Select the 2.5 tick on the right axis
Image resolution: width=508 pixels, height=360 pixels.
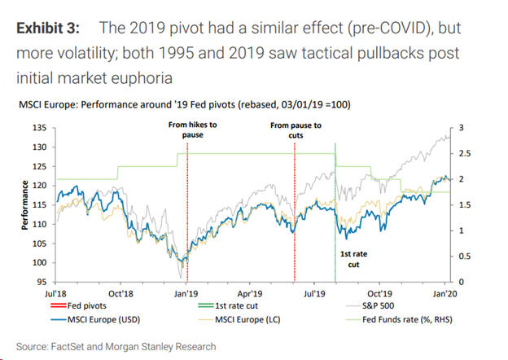[466, 154]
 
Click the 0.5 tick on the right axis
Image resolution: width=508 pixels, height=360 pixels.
[466, 257]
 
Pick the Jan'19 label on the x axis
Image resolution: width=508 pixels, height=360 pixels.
[186, 292]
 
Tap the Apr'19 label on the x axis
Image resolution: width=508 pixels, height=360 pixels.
[249, 292]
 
